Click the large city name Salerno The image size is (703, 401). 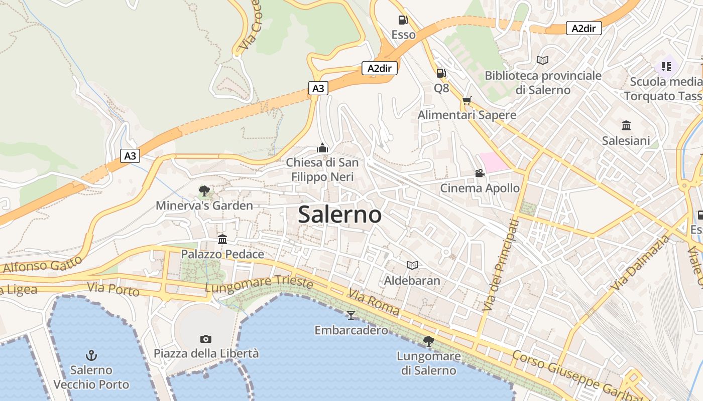(x=340, y=215)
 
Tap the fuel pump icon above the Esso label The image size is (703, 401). (x=403, y=20)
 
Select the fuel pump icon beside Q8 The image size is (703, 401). (x=441, y=73)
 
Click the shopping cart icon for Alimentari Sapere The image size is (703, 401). (x=467, y=100)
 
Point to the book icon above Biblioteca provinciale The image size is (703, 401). (x=542, y=60)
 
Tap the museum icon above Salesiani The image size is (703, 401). (x=626, y=125)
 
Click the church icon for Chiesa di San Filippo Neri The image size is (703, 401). (x=322, y=148)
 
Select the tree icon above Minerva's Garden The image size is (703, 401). (x=204, y=190)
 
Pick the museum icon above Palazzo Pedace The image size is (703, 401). (x=222, y=239)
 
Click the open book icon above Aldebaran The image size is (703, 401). (x=412, y=265)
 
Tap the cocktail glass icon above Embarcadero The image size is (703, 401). (x=351, y=315)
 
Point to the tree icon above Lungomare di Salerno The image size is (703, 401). (x=428, y=341)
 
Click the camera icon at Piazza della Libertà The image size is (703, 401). (x=206, y=339)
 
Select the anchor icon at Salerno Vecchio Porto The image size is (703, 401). (x=91, y=355)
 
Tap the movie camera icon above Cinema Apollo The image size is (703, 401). (x=480, y=173)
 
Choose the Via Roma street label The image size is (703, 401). (x=374, y=302)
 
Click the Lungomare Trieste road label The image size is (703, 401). (x=259, y=284)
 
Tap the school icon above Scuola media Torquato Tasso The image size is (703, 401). (x=666, y=66)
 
